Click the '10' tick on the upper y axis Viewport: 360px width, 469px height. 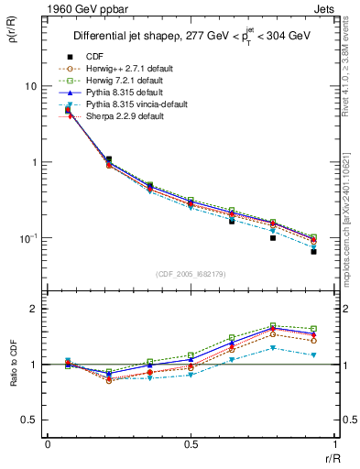coord(30,86)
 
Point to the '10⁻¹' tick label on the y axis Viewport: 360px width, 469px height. coord(27,238)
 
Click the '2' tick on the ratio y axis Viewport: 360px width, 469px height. coord(34,309)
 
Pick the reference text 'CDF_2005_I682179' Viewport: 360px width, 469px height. coord(191,274)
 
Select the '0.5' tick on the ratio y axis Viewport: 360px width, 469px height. coord(30,420)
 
